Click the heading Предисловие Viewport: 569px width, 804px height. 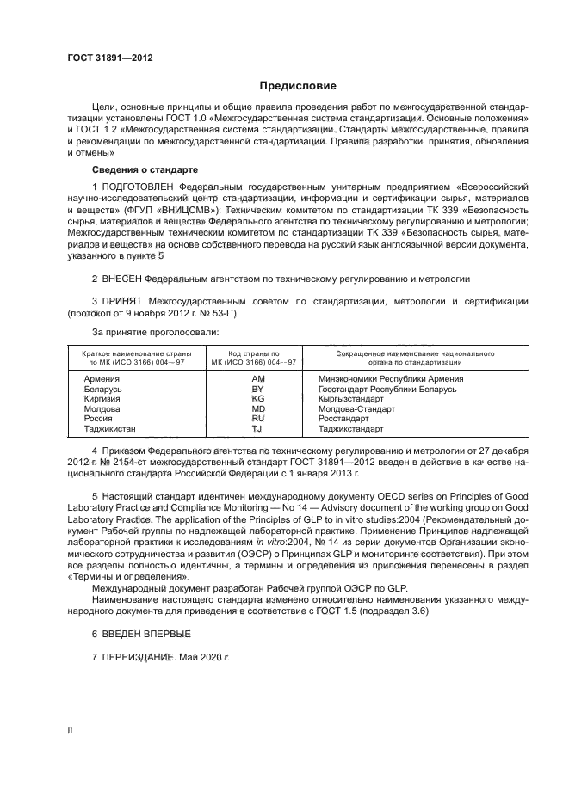pos(298,86)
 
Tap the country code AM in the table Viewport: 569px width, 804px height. pos(257,378)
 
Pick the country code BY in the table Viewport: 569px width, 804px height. pos(257,389)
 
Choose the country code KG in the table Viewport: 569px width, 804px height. pos(257,399)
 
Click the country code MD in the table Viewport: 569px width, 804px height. pos(257,408)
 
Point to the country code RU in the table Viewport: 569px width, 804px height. pos(257,419)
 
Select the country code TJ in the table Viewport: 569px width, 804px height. pos(257,428)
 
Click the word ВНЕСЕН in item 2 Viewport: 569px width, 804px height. pos(120,279)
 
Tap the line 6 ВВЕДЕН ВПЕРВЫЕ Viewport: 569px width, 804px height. pos(135,633)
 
